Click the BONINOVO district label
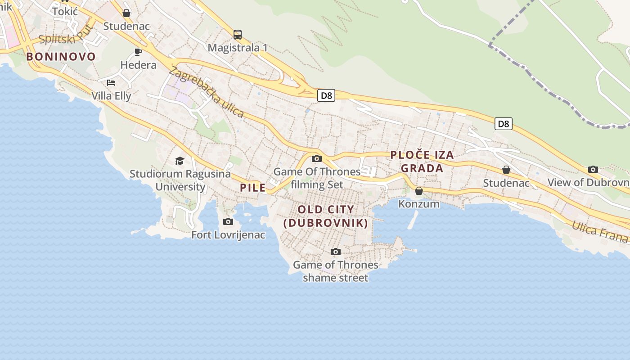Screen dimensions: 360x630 pos(61,57)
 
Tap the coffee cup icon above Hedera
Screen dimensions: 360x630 pos(138,52)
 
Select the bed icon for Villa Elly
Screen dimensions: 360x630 pos(111,82)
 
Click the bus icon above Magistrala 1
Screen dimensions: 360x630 pos(238,34)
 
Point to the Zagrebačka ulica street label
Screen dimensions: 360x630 pos(207,92)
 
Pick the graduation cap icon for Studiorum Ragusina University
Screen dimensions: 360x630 pos(180,161)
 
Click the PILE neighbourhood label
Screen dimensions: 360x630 pos(253,188)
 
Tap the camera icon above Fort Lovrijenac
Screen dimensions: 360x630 pos(228,221)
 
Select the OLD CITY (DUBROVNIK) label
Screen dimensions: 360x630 pos(326,216)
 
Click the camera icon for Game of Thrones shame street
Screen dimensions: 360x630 pos(335,252)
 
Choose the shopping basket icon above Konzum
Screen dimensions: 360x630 pos(419,191)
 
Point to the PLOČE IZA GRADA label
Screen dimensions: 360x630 pos(422,162)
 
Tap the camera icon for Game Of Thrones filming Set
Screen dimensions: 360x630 pos(317,158)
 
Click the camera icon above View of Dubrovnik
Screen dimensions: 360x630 pos(593,170)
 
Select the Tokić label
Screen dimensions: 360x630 pos(65,12)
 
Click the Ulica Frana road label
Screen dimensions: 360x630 pos(599,231)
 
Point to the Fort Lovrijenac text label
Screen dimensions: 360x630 pos(228,235)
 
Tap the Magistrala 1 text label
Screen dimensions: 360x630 pos(238,48)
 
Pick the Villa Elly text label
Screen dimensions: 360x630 pos(111,96)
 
